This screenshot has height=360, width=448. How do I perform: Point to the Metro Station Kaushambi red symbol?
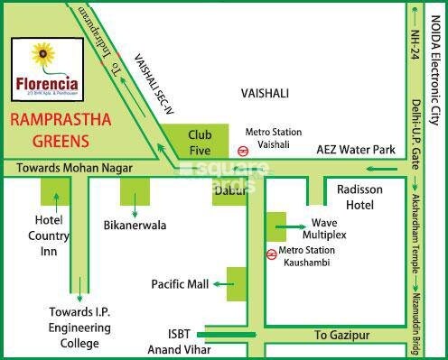[x=271, y=254]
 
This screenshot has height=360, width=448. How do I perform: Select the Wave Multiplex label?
[x=330, y=227]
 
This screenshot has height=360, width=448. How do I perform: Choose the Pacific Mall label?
[x=180, y=284]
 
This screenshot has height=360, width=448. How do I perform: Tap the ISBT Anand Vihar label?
[x=175, y=341]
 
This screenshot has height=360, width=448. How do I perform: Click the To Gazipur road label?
[x=339, y=334]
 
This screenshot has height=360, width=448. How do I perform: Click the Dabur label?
[x=230, y=191]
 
